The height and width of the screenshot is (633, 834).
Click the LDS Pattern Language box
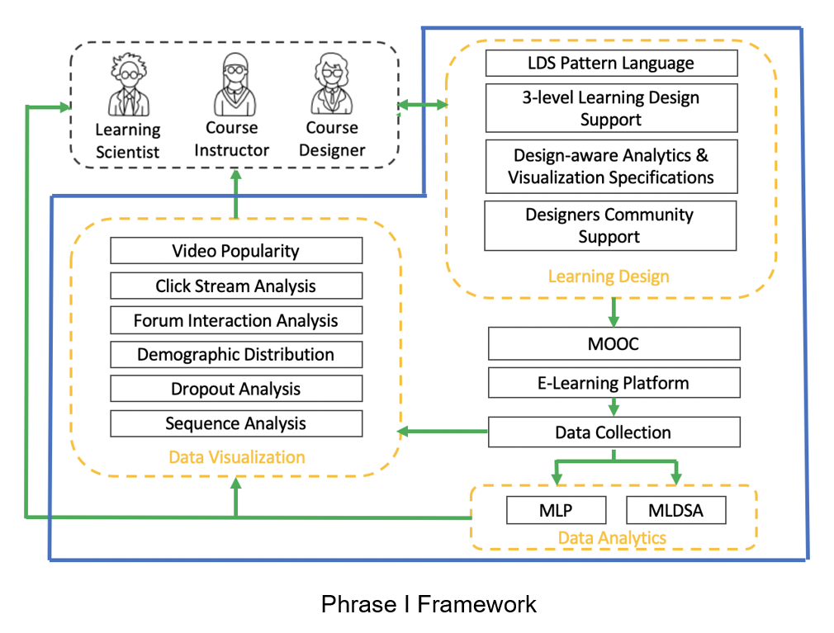612,64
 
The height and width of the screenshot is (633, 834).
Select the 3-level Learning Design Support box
612,108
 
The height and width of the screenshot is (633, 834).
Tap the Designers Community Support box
610,225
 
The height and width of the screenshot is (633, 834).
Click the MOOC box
614,344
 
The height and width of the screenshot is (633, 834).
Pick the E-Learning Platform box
614,383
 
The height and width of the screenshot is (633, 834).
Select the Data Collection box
614,432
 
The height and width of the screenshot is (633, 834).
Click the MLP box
557,510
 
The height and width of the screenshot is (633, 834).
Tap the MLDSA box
676,510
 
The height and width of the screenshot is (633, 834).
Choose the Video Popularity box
236,250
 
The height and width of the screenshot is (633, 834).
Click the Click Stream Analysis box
236,286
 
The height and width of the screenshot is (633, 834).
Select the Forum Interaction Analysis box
236,320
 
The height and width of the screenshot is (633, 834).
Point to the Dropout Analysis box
236,389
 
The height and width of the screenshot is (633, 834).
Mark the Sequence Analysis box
236,423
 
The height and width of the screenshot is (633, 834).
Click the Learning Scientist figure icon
129,85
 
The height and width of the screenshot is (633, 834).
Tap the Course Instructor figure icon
235,84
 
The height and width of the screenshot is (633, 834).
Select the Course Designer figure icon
332,84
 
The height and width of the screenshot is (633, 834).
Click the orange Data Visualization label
237,457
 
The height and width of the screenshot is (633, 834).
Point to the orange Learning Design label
609,276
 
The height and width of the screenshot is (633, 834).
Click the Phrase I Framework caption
429,604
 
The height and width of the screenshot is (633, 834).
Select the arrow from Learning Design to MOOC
614,312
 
